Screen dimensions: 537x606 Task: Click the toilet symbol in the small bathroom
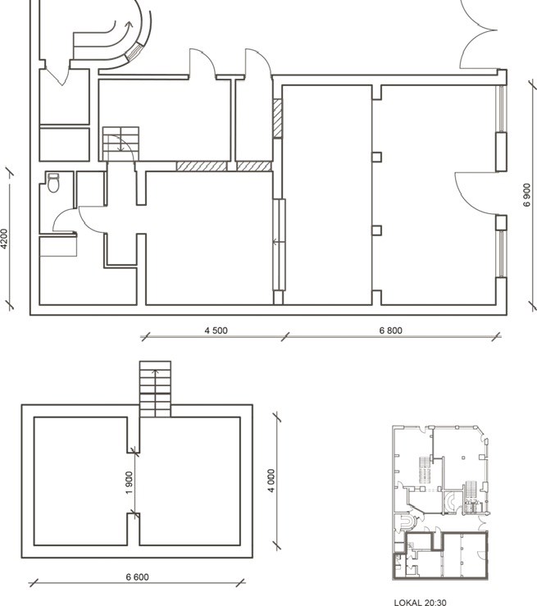click(x=53, y=183)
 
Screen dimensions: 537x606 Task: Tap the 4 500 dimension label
click(x=216, y=330)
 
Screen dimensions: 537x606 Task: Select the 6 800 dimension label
click(x=390, y=330)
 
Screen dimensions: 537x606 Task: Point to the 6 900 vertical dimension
click(x=527, y=195)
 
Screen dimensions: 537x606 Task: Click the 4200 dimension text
click(x=4, y=239)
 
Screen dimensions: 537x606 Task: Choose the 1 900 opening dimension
click(x=129, y=482)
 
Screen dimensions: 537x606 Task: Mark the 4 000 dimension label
click(x=271, y=481)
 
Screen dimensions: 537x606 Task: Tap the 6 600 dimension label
click(x=137, y=577)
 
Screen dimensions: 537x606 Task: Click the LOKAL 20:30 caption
click(x=420, y=602)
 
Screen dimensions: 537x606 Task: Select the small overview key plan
click(x=441, y=503)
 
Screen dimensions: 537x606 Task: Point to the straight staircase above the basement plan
click(x=155, y=389)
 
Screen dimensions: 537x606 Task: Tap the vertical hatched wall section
click(x=277, y=118)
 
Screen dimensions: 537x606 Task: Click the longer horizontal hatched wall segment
click(x=202, y=166)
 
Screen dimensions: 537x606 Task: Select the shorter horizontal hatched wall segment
click(x=254, y=166)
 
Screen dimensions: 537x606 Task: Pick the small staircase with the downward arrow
click(x=121, y=143)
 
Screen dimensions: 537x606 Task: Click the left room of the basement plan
click(x=80, y=481)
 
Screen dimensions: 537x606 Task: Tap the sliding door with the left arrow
click(x=279, y=244)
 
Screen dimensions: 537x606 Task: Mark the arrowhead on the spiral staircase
click(x=129, y=25)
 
